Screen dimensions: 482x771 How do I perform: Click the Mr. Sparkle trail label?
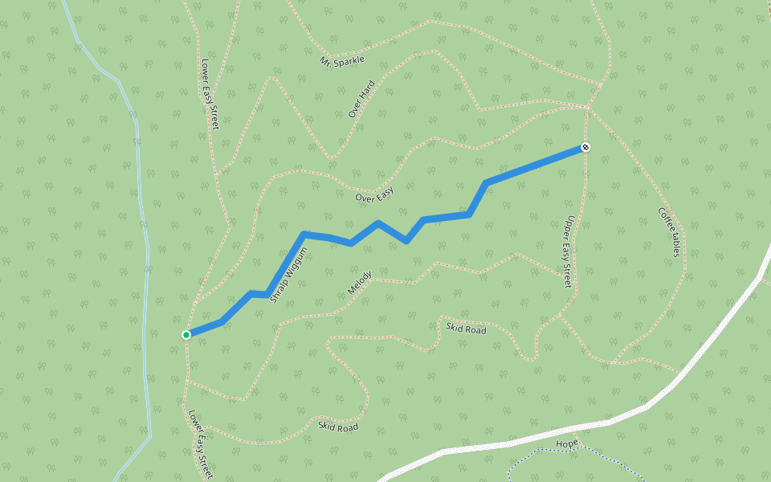pos(342,61)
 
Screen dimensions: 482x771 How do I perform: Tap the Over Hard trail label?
pos(362,100)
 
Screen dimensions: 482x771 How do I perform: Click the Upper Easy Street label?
pos(567,251)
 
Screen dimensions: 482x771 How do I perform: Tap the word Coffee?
pos(666,221)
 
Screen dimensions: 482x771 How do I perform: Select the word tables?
pos(676,244)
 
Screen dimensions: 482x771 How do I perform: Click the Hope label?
pos(567,444)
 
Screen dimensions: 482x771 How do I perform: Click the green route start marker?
pos(186,334)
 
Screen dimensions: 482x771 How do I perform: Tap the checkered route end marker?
pos(585,147)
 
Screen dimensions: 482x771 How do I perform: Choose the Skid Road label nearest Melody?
pos(466,329)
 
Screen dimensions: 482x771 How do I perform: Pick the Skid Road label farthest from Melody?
pos(337,427)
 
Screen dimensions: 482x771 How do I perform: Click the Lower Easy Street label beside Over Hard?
pos(210,93)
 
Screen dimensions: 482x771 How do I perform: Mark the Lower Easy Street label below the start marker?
pos(201,444)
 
